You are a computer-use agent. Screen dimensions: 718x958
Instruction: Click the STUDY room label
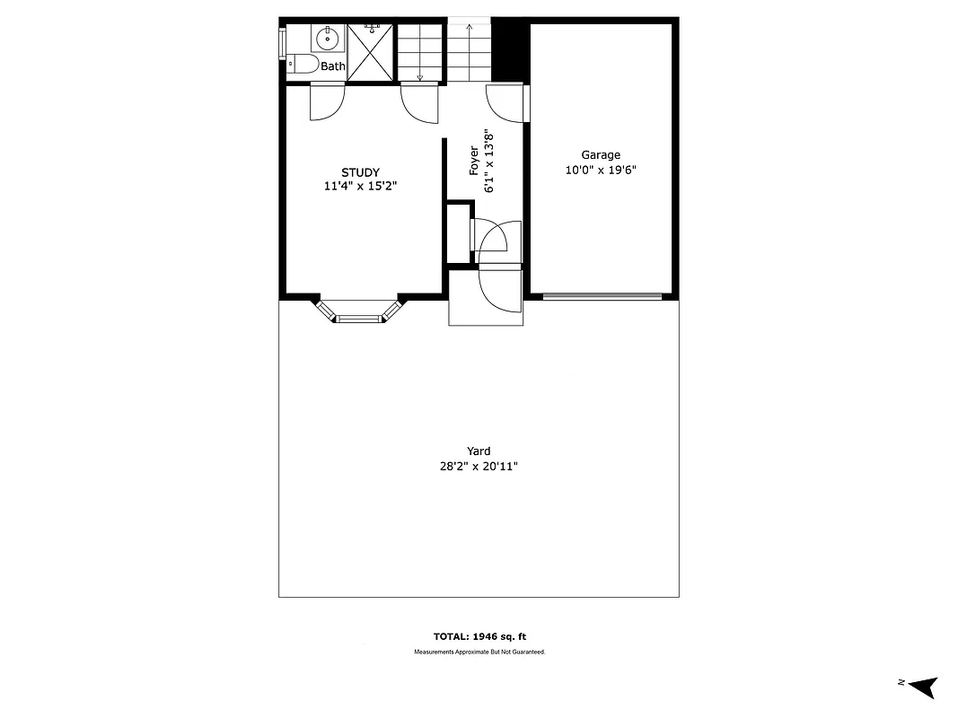360,172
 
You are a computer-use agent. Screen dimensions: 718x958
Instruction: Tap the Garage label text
601,155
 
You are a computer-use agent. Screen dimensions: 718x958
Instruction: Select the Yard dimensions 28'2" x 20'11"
479,467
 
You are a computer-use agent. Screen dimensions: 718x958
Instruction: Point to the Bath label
333,66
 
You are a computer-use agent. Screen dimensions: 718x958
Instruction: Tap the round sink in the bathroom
328,39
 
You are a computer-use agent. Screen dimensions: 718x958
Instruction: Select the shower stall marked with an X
370,53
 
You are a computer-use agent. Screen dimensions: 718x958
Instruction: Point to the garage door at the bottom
602,295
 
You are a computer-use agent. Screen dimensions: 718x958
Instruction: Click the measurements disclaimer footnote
479,652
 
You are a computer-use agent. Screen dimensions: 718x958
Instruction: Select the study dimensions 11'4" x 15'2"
360,187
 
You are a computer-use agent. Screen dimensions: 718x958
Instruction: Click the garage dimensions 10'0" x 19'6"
601,170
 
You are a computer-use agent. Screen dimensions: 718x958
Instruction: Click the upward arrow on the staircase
469,40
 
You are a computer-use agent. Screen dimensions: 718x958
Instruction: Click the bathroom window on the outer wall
282,41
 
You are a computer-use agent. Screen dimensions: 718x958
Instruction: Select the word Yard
479,451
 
